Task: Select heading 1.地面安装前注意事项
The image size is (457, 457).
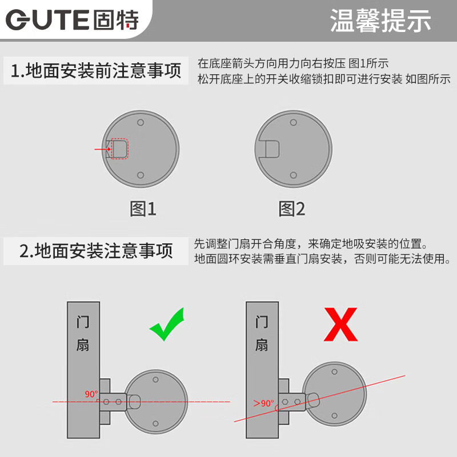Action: click(96, 71)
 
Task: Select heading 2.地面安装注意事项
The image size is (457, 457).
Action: click(96, 251)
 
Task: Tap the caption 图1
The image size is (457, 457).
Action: click(143, 209)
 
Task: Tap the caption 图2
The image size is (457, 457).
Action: click(292, 209)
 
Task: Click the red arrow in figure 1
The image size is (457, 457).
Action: click(102, 149)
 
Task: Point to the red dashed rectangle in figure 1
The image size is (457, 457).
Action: click(119, 149)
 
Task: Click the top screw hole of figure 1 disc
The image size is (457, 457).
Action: click(141, 122)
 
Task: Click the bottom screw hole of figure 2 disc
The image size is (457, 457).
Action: click(293, 175)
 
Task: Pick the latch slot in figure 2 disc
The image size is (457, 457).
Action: click(271, 149)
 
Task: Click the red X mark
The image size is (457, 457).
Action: click(340, 324)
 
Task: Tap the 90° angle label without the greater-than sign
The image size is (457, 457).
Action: click(91, 394)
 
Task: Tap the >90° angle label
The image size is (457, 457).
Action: click(264, 403)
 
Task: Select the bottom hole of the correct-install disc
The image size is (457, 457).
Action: click(155, 423)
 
